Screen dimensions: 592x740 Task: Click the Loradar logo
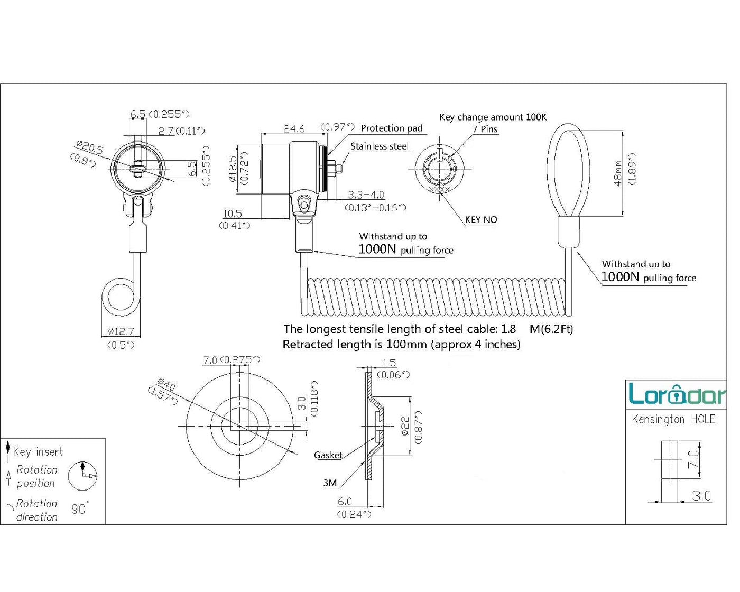pyautogui.click(x=677, y=394)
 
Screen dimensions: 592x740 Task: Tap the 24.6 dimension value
pyautogui.click(x=294, y=129)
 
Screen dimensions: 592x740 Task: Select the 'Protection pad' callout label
pyautogui.click(x=392, y=128)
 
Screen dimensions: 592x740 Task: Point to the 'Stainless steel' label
pyautogui.click(x=380, y=146)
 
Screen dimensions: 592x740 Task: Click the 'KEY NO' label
pyautogui.click(x=481, y=220)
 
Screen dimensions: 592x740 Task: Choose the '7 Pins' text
pyautogui.click(x=485, y=129)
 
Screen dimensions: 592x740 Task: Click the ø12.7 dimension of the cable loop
pyautogui.click(x=121, y=331)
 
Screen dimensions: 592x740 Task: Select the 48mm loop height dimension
pyautogui.click(x=618, y=173)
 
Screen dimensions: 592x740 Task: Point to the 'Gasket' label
pyautogui.click(x=328, y=455)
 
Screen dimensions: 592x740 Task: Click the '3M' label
pyautogui.click(x=330, y=483)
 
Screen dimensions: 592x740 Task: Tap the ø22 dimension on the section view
pyautogui.click(x=405, y=426)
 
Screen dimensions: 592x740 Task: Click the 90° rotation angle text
pyautogui.click(x=80, y=508)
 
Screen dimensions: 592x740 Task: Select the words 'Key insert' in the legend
pyautogui.click(x=38, y=452)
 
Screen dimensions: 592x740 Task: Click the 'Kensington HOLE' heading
pyautogui.click(x=673, y=420)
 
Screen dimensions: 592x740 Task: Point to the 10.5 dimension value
pyautogui.click(x=232, y=214)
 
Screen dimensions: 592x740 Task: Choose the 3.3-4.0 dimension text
pyautogui.click(x=366, y=195)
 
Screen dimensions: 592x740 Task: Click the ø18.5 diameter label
pyautogui.click(x=233, y=169)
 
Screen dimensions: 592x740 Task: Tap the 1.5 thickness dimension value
pyautogui.click(x=389, y=363)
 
